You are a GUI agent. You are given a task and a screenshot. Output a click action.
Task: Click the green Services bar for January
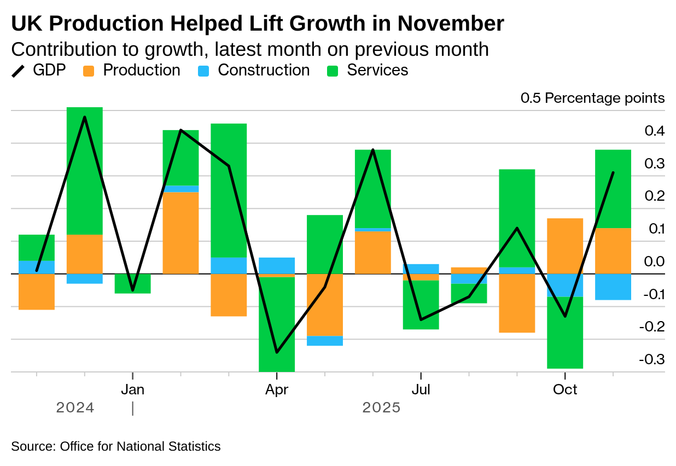click(132, 283)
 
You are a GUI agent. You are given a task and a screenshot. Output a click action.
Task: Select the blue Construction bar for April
click(277, 265)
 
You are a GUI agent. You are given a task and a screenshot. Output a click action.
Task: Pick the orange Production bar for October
click(565, 246)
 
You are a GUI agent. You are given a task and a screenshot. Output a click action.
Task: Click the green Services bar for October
click(565, 333)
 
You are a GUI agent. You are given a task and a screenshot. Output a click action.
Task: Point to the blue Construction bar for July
click(421, 269)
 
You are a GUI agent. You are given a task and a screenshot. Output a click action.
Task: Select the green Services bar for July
click(421, 305)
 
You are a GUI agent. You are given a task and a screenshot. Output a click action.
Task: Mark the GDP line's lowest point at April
click(277, 352)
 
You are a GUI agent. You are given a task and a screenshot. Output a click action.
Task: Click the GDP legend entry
click(38, 71)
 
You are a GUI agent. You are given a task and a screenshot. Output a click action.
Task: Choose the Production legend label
click(141, 71)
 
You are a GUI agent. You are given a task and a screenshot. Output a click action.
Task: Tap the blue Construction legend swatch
click(203, 71)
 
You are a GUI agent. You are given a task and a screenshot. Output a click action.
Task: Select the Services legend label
click(377, 71)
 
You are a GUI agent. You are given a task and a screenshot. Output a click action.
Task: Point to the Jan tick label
click(132, 390)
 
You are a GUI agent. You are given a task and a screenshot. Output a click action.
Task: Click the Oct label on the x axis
click(565, 390)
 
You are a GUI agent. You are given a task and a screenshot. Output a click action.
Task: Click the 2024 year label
click(75, 408)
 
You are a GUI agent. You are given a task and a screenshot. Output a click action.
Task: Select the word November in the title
click(451, 24)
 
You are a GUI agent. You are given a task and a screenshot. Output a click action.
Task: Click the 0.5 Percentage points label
click(592, 98)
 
